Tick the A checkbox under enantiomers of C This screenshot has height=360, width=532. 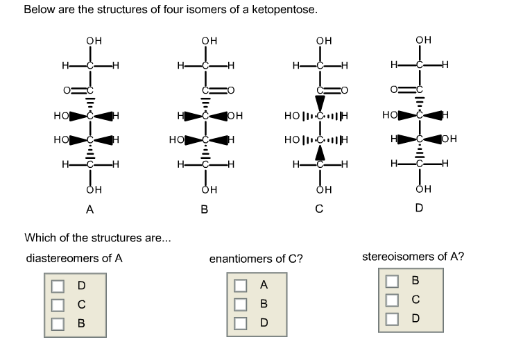(240, 285)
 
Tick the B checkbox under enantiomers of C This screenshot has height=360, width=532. (240, 304)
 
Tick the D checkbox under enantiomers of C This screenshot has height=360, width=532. (240, 323)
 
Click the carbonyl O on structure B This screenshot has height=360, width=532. (230, 89)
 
